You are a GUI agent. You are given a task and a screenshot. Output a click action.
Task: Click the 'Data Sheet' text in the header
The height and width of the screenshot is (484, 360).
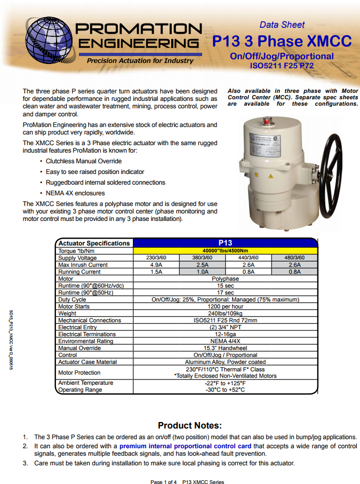(282, 25)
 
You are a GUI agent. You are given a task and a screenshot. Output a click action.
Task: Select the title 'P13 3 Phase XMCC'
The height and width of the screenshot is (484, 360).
(282, 41)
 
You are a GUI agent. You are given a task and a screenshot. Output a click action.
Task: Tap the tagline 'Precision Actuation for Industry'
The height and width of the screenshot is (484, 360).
(140, 61)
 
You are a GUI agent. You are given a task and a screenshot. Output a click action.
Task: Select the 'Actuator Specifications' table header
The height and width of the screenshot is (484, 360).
(94, 243)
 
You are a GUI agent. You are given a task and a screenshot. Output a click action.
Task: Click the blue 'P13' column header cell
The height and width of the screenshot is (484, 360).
(225, 243)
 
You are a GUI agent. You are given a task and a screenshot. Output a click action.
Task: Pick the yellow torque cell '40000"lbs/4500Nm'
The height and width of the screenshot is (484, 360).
(225, 250)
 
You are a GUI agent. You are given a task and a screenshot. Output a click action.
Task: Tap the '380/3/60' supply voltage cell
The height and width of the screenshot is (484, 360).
(202, 258)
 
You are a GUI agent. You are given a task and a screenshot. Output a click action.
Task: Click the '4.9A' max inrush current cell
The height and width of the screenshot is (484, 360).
(156, 265)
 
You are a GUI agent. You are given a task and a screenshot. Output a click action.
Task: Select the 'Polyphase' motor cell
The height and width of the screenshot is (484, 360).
(225, 279)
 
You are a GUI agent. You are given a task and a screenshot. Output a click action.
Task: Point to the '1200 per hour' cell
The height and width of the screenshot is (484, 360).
(225, 307)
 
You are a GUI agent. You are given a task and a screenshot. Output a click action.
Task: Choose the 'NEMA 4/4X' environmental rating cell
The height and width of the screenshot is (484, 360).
(225, 341)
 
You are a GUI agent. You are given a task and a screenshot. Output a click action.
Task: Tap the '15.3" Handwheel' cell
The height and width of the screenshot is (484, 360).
(225, 348)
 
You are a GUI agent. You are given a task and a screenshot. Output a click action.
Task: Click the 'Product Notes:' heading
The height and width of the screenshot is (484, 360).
(189, 425)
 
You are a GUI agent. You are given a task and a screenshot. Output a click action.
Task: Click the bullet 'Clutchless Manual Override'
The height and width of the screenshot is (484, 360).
(84, 161)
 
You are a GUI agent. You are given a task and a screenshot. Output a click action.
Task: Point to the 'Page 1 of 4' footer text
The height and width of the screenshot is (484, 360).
(164, 482)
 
